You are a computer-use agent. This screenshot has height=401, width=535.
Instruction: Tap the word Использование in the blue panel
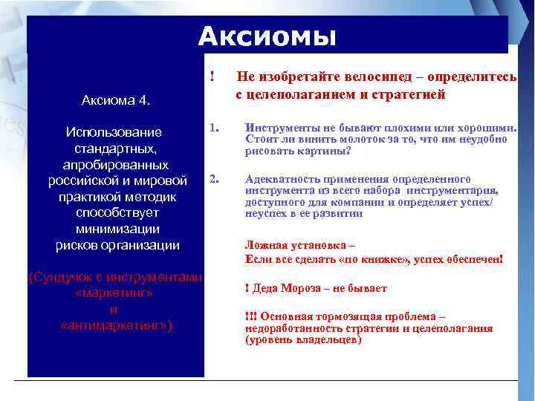pyautogui.click(x=114, y=132)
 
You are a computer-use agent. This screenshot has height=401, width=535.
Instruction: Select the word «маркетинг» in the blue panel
pyautogui.click(x=114, y=293)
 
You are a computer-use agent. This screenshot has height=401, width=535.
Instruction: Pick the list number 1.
pyautogui.click(x=213, y=128)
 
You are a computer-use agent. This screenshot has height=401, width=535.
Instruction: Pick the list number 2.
pyautogui.click(x=214, y=179)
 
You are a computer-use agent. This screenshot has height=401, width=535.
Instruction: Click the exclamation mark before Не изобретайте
pyautogui.click(x=213, y=76)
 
